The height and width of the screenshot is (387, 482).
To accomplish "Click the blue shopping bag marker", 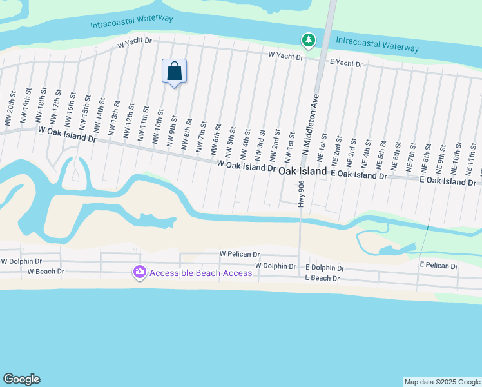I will (175, 71).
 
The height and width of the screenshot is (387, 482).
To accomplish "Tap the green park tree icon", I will (309, 41).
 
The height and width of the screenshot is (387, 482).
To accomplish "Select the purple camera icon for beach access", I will (139, 273).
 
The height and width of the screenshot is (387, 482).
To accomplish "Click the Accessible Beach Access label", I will (200, 273).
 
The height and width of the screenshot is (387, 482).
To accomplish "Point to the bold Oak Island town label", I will (303, 171).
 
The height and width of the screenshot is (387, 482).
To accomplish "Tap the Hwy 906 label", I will (301, 193).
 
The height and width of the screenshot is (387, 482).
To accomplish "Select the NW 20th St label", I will (9, 114).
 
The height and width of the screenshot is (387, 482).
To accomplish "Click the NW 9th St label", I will (173, 131).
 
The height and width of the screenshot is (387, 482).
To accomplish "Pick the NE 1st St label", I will (322, 147).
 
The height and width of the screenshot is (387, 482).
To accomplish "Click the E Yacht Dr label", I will (347, 63).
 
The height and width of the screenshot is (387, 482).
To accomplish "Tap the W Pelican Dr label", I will (239, 255).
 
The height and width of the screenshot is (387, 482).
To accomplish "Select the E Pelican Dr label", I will (439, 266).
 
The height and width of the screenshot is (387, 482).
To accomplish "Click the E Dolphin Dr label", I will (325, 268).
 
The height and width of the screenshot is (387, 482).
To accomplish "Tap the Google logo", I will (21, 379).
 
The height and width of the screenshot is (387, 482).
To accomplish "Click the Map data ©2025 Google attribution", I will (442, 382).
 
